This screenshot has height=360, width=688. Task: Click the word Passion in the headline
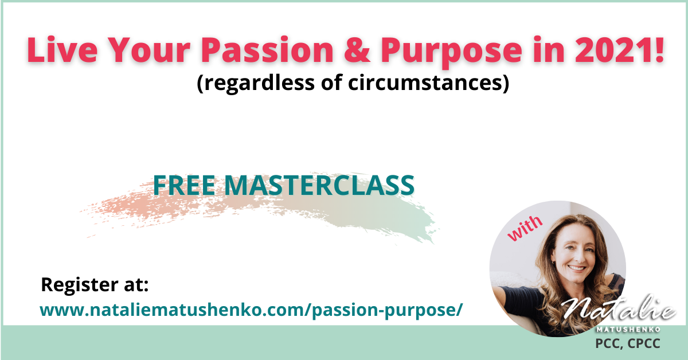267,49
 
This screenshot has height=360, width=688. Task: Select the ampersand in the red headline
357,50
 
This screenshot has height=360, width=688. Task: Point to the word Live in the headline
62,49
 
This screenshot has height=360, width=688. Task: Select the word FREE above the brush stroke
183,185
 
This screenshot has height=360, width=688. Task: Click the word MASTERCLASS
319,185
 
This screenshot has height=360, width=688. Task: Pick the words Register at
95,285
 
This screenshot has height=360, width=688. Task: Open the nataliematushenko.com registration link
251,310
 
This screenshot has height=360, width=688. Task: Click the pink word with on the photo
525,228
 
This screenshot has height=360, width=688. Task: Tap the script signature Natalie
618,310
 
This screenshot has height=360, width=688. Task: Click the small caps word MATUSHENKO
628,330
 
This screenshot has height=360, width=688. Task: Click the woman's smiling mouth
577,268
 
